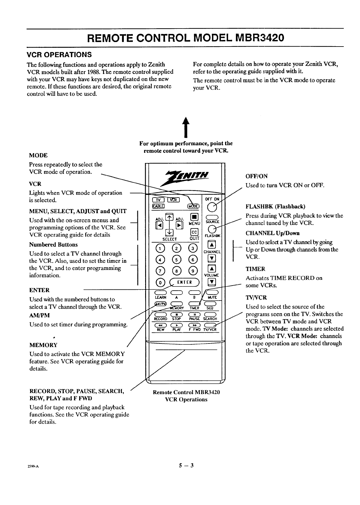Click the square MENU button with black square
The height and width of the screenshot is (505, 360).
pyautogui.click(x=194, y=216)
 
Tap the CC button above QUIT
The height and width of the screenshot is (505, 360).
pyautogui.click(x=194, y=233)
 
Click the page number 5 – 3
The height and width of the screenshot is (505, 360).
pyautogui.click(x=186, y=466)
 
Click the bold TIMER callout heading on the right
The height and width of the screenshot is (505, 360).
pyautogui.click(x=255, y=269)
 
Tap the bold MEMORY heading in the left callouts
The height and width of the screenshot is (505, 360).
pyautogui.click(x=43, y=345)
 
